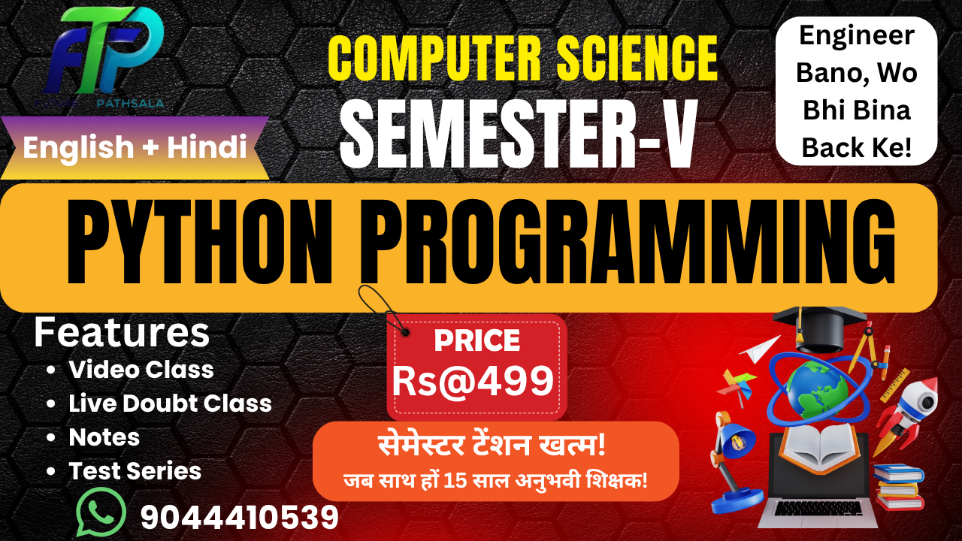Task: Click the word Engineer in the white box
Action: coord(857,35)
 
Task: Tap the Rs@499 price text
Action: coord(473,381)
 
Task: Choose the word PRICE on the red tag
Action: coord(476,341)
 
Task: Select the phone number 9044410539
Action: coord(240,517)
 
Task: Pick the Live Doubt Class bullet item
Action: coord(170,403)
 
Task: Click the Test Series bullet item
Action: coord(135,471)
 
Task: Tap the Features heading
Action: coord(122,333)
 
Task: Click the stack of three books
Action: coord(899,486)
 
